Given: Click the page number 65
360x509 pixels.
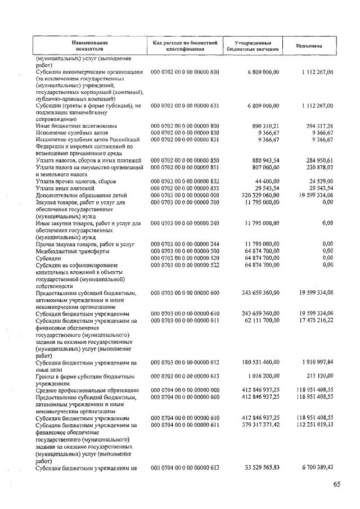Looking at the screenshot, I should coord(336,484).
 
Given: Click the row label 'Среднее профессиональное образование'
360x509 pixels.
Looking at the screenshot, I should coord(87,389).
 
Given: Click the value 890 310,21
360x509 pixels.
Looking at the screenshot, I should coord(262,125).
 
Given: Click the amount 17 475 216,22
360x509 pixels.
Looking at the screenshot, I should coord(312,321).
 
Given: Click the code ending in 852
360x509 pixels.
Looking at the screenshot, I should coord(184,181).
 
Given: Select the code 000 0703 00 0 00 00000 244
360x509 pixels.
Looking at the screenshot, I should coord(184,244).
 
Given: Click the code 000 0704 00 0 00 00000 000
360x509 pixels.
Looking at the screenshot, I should coord(184,389).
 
